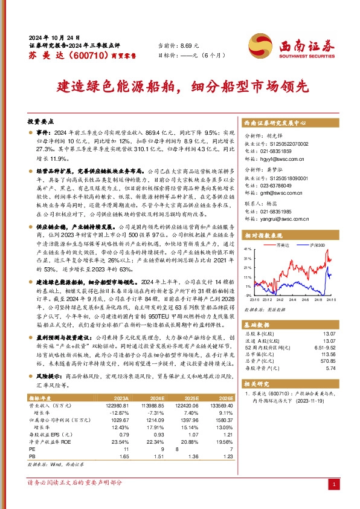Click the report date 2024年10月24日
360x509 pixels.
pyautogui.click(x=54, y=37)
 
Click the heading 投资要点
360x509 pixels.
pyautogui.click(x=42, y=120)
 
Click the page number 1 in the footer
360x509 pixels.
pyautogui.click(x=334, y=485)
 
